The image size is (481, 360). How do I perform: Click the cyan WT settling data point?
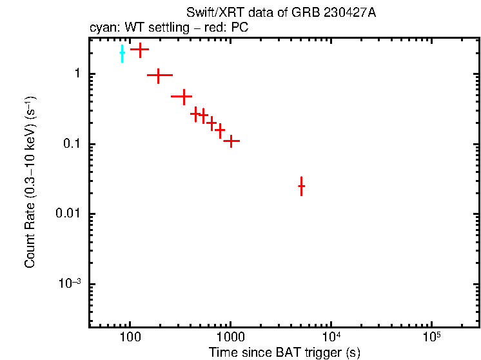coord(122,54)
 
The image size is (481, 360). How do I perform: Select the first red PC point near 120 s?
coord(140,49)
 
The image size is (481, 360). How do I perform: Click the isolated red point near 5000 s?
coord(301,186)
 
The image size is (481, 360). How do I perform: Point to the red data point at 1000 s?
coord(231,141)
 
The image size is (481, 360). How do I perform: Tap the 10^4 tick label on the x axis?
coord(331,337)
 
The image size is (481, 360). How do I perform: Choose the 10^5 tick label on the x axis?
coord(431,337)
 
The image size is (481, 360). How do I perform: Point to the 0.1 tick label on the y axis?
coord(71,144)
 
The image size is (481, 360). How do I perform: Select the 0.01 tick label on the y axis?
coord(68,214)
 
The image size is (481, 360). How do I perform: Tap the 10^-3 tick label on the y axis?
coord(70,285)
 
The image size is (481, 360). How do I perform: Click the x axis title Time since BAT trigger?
coord(284,352)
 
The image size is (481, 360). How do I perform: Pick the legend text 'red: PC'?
coord(223,28)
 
